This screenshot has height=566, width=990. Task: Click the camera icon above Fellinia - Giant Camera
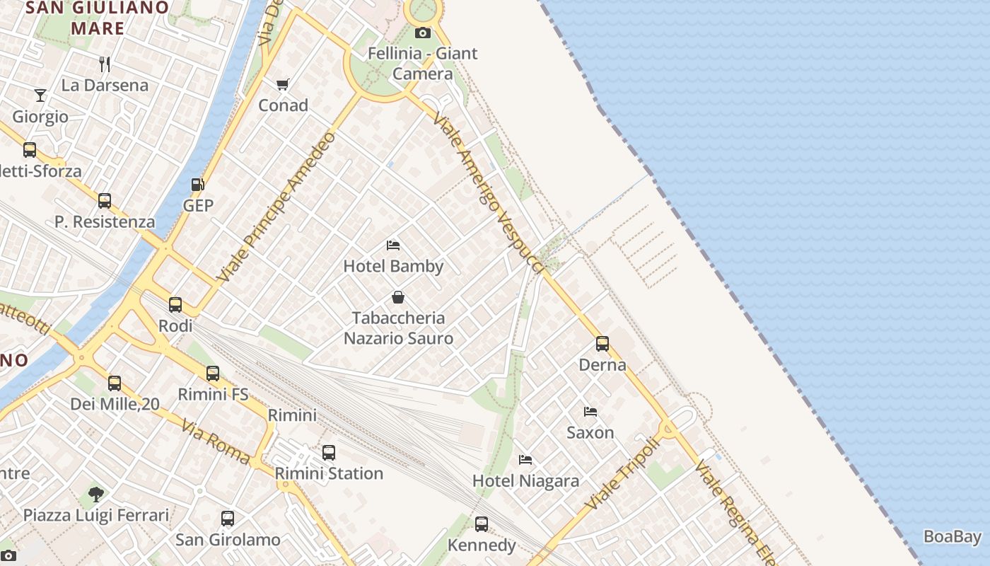(x=422, y=33)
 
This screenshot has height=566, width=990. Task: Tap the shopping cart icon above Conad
(x=283, y=85)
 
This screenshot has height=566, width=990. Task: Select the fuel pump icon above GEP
(x=198, y=185)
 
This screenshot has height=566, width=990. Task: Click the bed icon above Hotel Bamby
(x=393, y=246)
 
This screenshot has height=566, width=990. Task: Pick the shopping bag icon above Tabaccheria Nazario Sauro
(x=398, y=297)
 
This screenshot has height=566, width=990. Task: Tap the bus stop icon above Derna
(x=602, y=344)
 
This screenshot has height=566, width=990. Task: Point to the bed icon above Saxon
(x=590, y=411)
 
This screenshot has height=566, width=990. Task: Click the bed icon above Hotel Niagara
(x=525, y=460)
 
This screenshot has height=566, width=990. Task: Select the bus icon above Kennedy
(x=482, y=524)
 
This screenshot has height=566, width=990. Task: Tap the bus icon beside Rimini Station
(x=329, y=453)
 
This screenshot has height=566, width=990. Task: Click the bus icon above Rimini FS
(x=213, y=374)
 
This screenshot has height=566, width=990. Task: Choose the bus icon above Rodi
(x=175, y=305)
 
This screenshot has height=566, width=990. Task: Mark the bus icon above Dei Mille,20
(x=115, y=383)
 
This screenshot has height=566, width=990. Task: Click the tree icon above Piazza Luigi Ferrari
(x=96, y=494)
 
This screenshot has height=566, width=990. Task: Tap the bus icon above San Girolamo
(x=228, y=519)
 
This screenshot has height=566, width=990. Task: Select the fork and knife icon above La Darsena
(x=105, y=64)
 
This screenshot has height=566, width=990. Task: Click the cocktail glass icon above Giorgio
(x=40, y=96)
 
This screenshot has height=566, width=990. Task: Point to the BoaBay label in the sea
(x=953, y=536)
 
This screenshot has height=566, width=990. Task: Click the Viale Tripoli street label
(x=622, y=473)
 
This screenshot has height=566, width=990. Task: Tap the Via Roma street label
(x=216, y=442)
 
